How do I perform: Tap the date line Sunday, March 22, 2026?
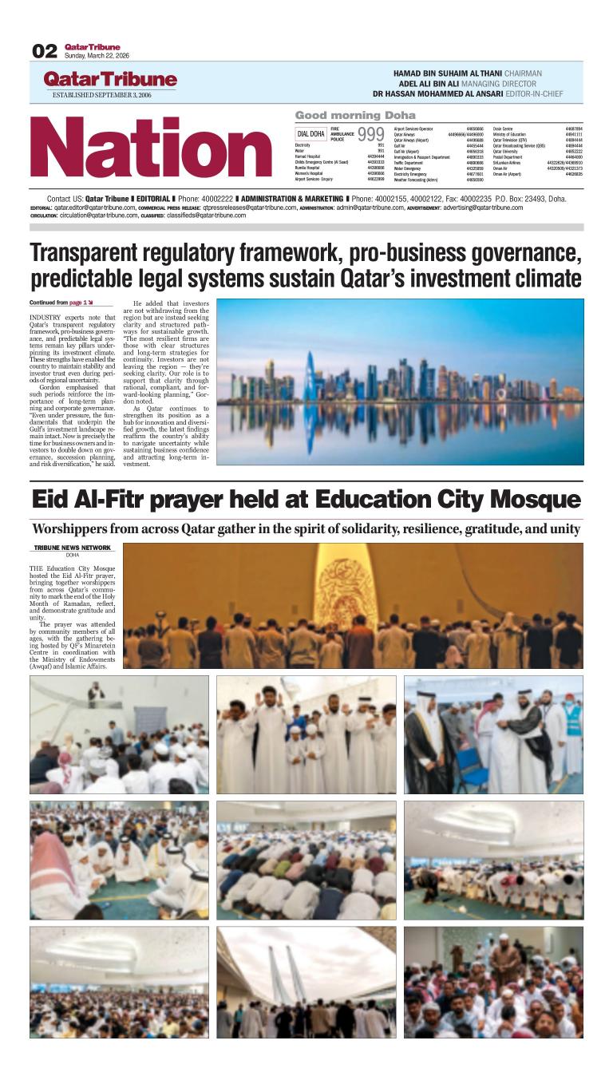point(97,56)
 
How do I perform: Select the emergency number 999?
point(370,134)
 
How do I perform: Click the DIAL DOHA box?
point(311,134)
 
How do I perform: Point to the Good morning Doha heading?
point(355,116)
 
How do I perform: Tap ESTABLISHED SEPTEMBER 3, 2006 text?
point(101,95)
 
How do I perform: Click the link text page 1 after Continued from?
point(78,303)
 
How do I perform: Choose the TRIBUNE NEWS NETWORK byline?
point(73,548)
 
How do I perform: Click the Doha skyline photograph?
point(400,382)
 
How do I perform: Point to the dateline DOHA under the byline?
point(73,555)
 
